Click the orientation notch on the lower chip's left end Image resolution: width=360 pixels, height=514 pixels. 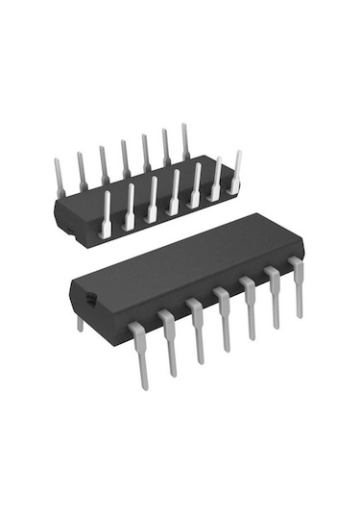point(89,300)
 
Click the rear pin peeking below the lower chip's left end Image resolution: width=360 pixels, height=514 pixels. point(81,324)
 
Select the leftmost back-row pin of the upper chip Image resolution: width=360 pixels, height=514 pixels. point(60,178)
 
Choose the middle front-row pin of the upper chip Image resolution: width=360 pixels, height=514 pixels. point(174,192)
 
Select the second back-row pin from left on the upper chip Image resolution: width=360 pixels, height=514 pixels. point(82,171)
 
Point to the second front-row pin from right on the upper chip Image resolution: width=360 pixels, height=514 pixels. point(217,179)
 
